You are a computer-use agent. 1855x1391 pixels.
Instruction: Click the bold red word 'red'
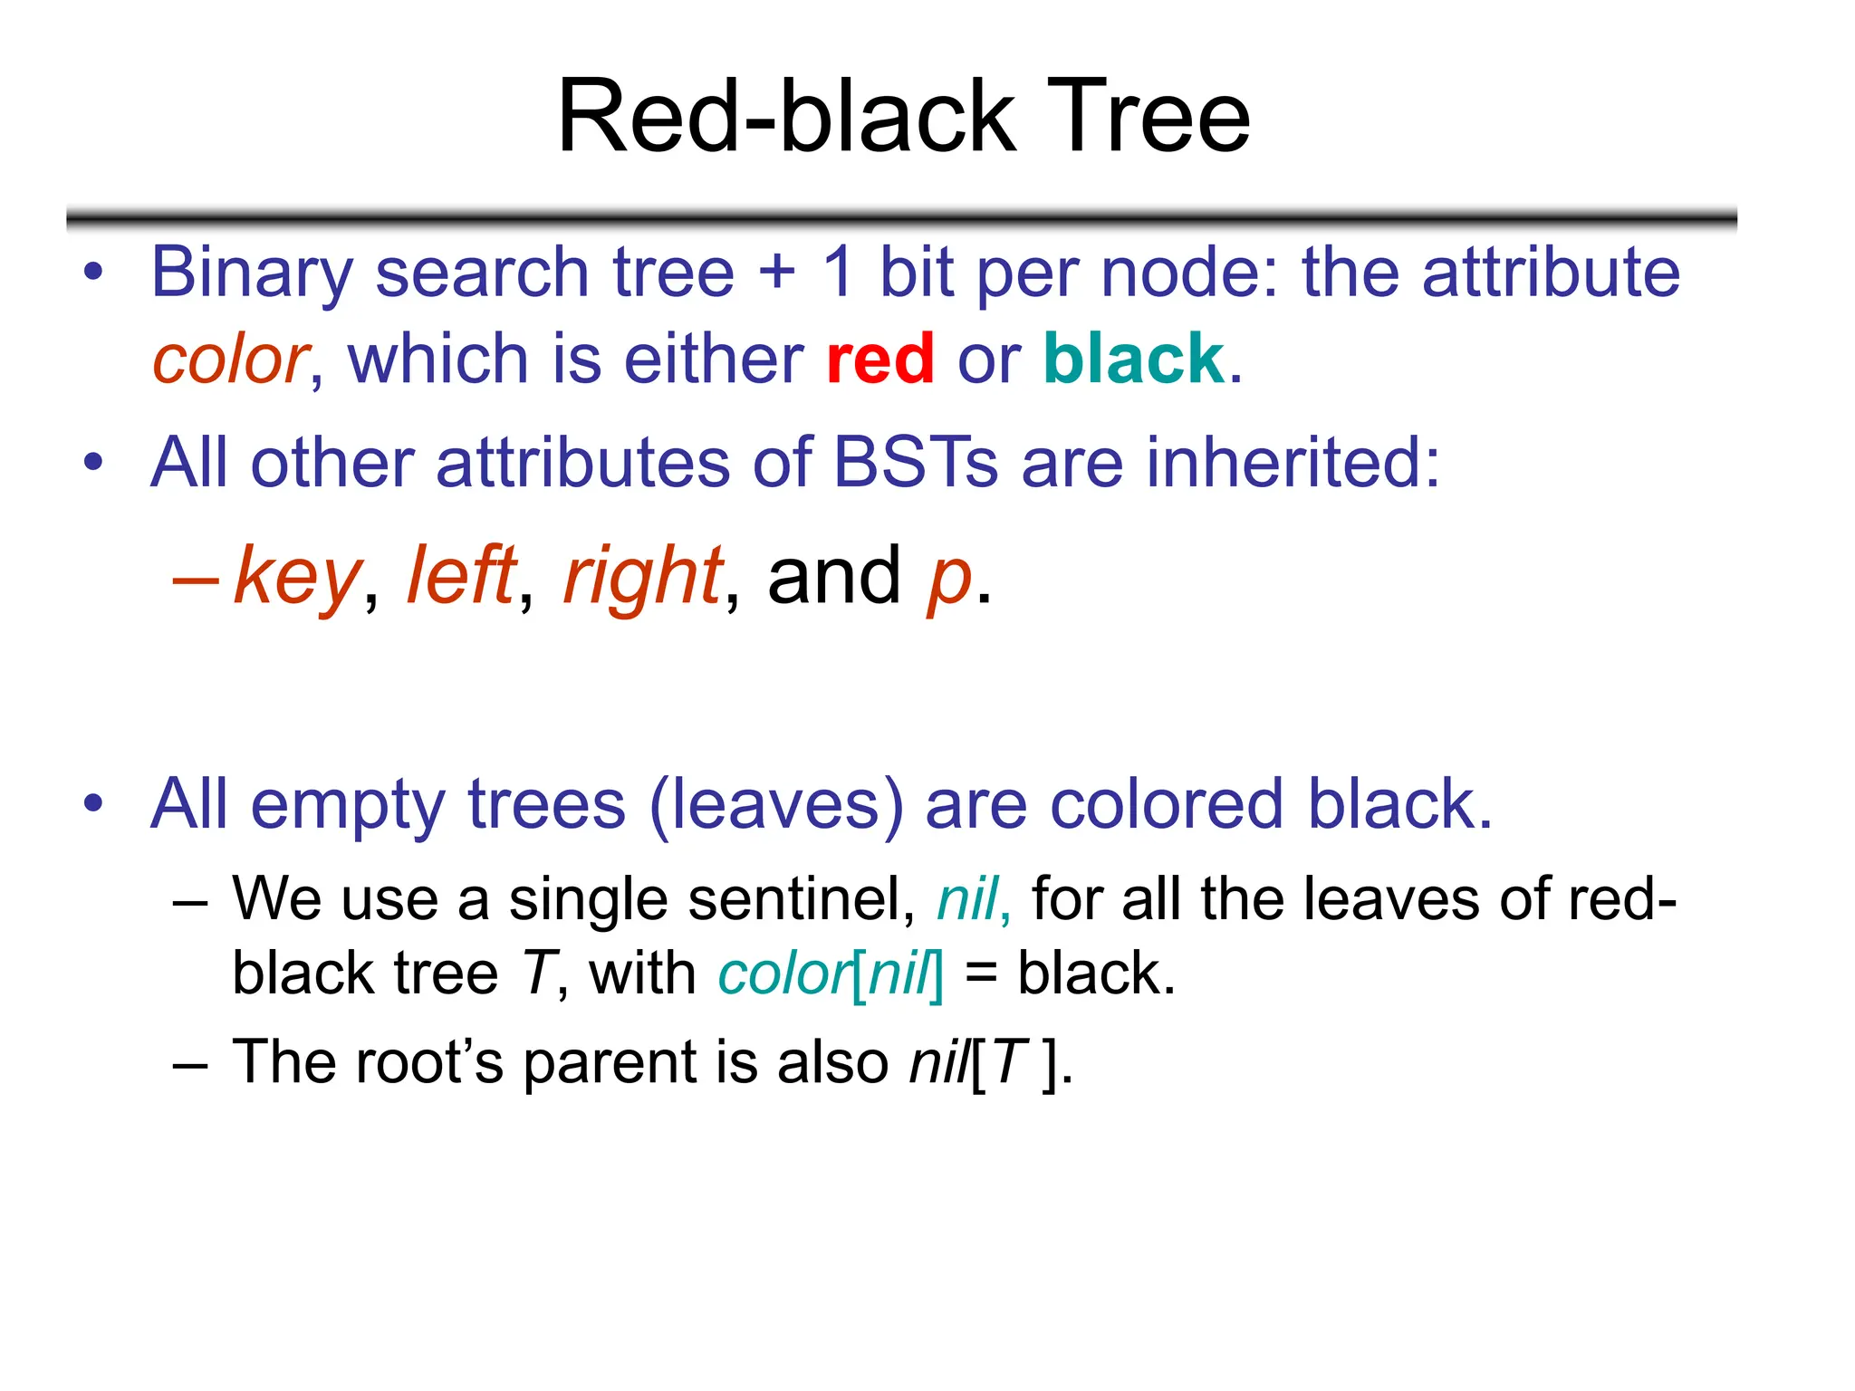[879, 360]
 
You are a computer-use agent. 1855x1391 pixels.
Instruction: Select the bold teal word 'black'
[1133, 360]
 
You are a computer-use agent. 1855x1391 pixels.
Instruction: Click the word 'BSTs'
[915, 463]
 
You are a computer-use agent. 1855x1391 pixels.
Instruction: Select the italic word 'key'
[297, 578]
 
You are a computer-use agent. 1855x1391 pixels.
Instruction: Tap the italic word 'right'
[642, 578]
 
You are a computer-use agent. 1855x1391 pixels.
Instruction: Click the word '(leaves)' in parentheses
[776, 805]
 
